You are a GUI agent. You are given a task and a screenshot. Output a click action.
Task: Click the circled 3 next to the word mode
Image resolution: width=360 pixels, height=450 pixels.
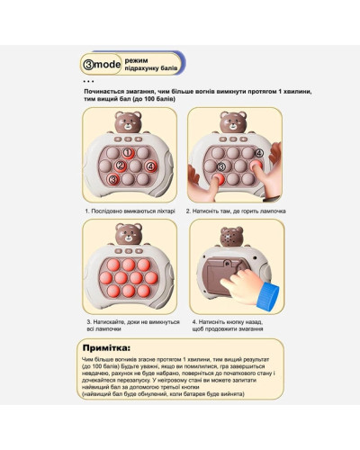coord(88,64)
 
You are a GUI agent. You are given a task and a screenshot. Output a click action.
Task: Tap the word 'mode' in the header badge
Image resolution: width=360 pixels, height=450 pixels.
coord(107,64)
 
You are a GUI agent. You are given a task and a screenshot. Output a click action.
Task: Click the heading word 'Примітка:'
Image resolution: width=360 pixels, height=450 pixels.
coord(106,348)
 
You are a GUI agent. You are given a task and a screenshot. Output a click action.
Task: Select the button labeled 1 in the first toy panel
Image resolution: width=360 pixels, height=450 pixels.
coord(128,153)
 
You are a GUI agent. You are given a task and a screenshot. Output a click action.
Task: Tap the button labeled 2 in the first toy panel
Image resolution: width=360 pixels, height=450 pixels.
coord(121,166)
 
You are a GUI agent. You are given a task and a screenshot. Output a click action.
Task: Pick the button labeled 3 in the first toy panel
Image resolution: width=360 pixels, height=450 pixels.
coord(113,179)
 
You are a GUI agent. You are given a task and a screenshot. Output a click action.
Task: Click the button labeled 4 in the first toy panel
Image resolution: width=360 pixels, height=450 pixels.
coord(150,166)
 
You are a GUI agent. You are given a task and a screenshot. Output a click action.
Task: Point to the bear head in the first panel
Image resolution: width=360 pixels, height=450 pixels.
coord(128,122)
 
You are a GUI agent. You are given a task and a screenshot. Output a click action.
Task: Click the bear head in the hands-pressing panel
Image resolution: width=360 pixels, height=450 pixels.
coord(233,122)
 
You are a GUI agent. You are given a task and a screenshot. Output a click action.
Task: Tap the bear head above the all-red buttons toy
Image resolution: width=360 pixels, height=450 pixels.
coord(129,234)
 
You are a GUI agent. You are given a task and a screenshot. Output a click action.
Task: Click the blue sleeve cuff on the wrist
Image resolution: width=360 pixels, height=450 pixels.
coord(268,297)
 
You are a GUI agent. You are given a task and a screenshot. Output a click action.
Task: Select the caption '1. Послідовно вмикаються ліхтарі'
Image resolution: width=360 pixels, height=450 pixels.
coord(130,211)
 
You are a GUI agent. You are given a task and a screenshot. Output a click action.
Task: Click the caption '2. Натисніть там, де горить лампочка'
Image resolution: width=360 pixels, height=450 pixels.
coord(236,211)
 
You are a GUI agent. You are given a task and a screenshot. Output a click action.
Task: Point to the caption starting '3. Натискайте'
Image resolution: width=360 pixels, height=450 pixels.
coord(133,326)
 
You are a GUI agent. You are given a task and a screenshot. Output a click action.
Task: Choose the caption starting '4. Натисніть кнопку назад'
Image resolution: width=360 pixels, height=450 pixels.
coord(228,326)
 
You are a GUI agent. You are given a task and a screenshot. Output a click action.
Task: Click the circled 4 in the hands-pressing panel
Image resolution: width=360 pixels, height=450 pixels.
coord(259,153)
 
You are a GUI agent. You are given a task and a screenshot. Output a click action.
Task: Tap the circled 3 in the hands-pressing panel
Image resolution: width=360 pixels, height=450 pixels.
coord(221,166)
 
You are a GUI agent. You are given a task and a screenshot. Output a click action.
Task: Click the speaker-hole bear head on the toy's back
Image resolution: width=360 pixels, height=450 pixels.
coord(231,237)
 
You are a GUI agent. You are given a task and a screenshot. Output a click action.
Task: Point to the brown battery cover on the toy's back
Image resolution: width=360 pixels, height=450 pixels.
coord(222,274)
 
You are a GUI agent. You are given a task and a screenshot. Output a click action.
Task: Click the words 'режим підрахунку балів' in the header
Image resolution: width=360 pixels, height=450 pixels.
coord(151,64)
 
